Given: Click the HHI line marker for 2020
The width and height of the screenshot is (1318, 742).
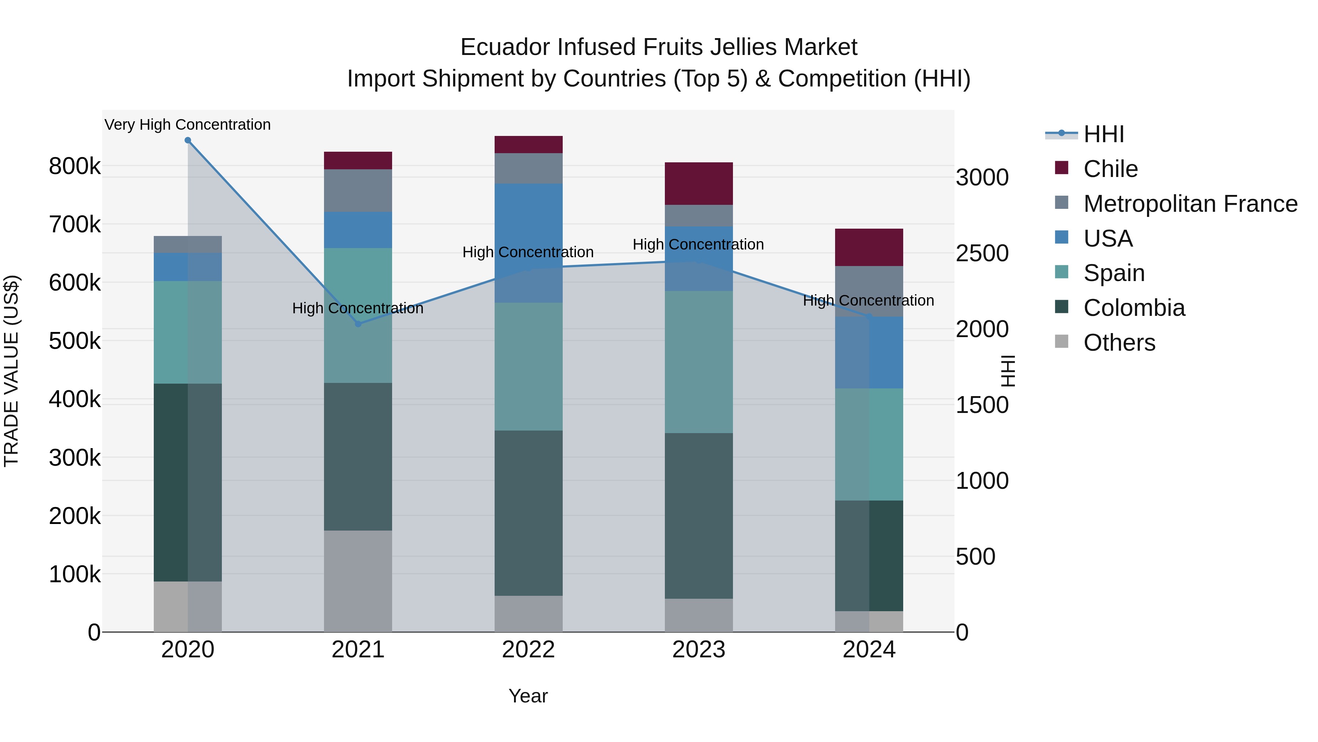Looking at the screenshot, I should pyautogui.click(x=188, y=140).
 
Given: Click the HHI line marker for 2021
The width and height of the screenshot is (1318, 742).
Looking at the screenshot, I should pyautogui.click(x=358, y=324).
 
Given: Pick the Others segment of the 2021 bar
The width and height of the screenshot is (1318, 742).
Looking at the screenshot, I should pyautogui.click(x=358, y=581).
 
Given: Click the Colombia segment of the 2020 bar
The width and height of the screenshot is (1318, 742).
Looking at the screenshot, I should pyautogui.click(x=171, y=482).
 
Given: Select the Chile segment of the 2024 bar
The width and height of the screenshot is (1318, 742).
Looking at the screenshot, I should pyautogui.click(x=869, y=247).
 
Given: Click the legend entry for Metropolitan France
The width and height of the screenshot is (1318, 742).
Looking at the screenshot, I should pyautogui.click(x=1190, y=204).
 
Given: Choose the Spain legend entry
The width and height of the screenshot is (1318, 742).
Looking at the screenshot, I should pyautogui.click(x=1114, y=273).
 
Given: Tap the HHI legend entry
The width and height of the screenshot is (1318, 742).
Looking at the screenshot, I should pyautogui.click(x=1103, y=134).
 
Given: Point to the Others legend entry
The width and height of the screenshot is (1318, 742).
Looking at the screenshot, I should pyautogui.click(x=1119, y=343).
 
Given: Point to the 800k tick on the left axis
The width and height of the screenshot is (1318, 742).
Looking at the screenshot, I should pyautogui.click(x=75, y=166).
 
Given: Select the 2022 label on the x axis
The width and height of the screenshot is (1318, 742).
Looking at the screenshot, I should pyautogui.click(x=529, y=650).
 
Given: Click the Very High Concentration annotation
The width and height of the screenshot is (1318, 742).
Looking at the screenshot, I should pyautogui.click(x=188, y=125).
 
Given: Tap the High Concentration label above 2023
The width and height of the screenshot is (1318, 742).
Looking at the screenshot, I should pyautogui.click(x=699, y=244).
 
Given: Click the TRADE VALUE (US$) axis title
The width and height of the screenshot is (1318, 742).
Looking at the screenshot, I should pyautogui.click(x=11, y=371).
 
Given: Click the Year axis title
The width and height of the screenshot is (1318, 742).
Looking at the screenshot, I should pyautogui.click(x=528, y=696).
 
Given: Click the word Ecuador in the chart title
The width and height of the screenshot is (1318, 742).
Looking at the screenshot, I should pyautogui.click(x=505, y=47).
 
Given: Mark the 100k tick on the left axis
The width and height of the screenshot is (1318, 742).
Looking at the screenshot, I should pyautogui.click(x=75, y=575).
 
